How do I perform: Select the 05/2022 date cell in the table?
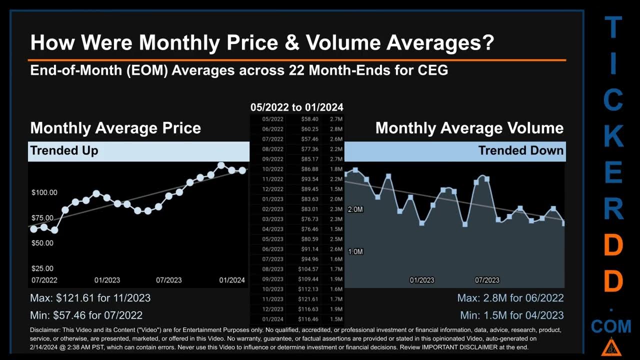273,119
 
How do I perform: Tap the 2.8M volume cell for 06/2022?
336,129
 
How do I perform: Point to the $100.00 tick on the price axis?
44,192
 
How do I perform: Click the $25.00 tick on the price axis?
42,268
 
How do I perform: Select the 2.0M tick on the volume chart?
355,209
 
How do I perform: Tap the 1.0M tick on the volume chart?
355,251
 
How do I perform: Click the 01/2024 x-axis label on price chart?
232,280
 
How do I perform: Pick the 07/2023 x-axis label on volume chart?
486,280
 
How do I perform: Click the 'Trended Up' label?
64,150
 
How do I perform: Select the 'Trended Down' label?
520,150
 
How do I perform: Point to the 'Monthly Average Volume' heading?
469,128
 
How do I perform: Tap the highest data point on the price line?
221,165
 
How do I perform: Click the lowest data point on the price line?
54,230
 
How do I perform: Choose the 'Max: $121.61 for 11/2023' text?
90,298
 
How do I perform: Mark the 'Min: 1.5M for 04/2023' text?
511,315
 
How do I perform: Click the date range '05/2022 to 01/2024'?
297,107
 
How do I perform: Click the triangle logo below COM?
609,347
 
